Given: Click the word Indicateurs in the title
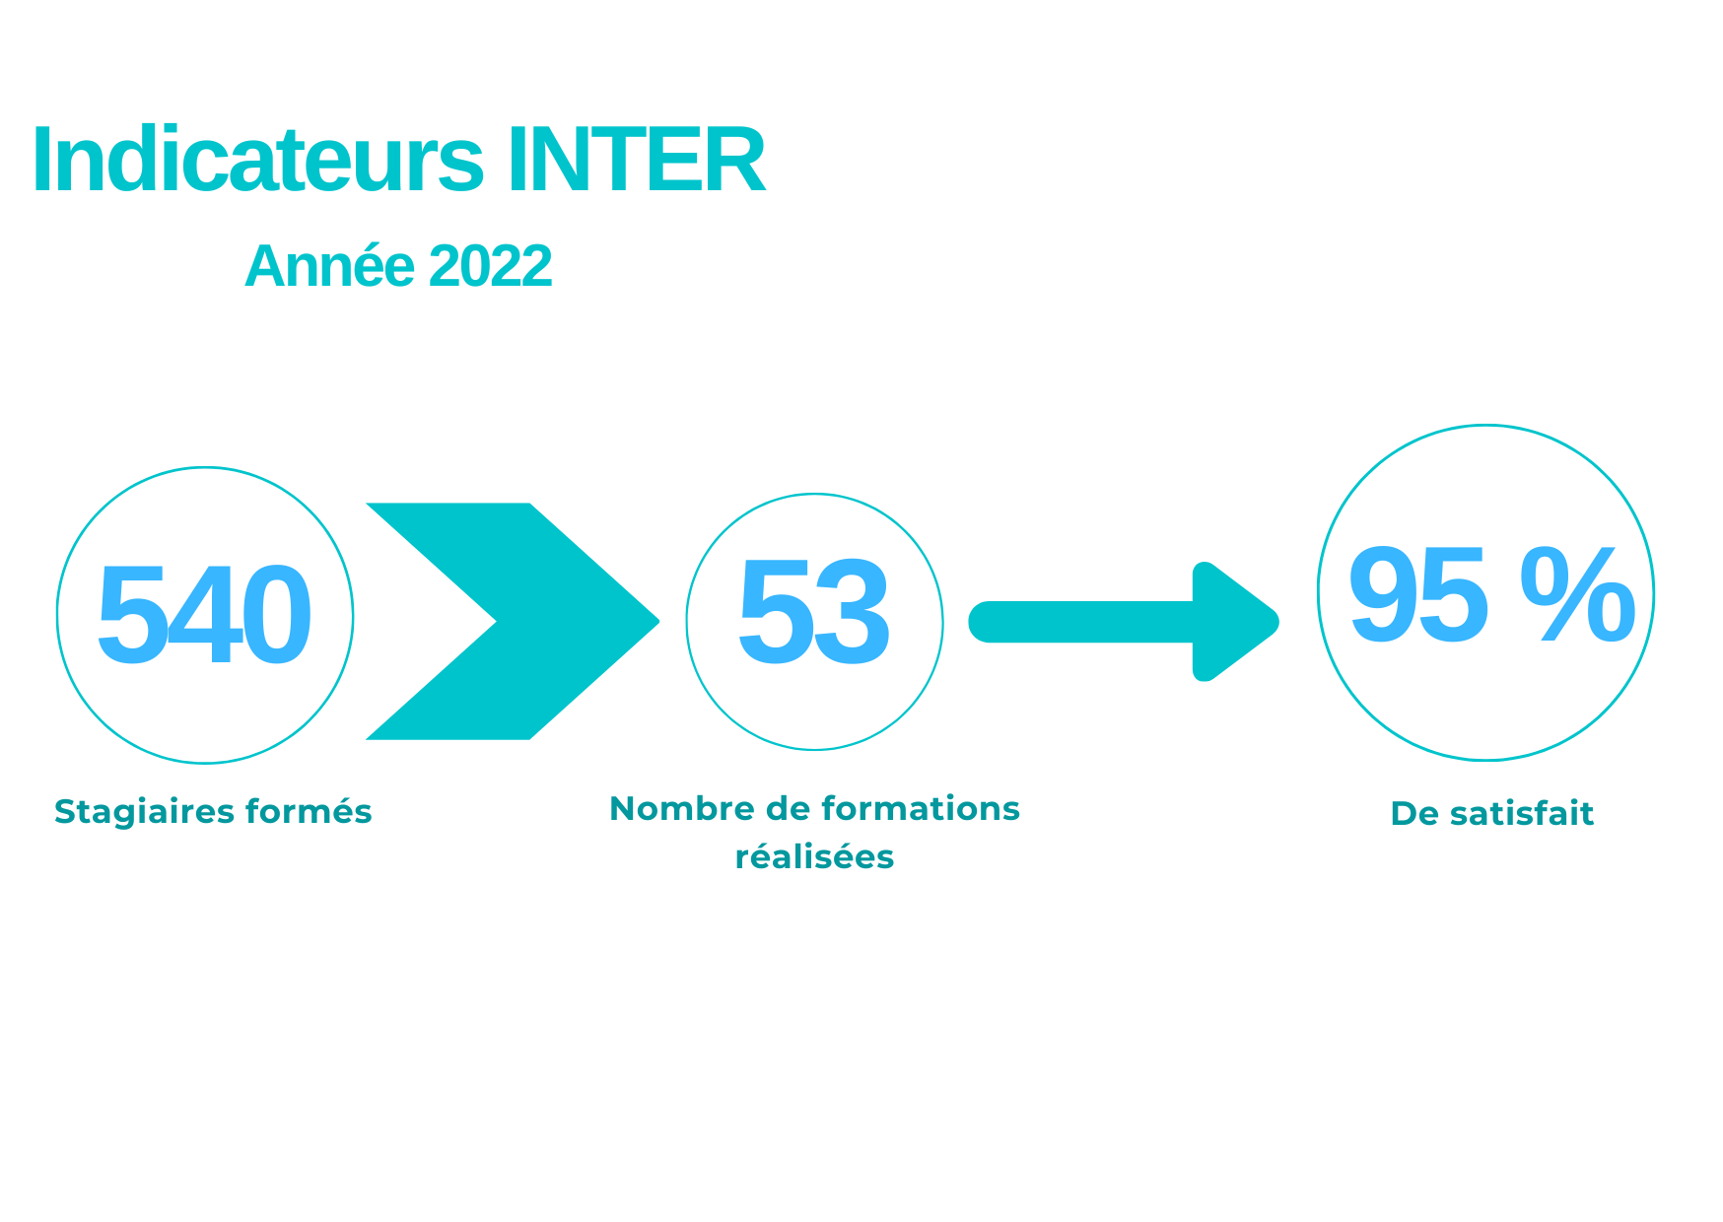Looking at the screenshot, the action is coord(258,160).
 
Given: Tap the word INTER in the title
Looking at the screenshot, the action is coord(637,161).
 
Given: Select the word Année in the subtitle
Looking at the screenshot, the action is coord(330,266).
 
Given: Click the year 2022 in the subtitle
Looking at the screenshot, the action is coord(490,266).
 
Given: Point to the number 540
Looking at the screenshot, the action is coord(204,615).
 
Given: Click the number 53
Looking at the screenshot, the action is coord(814,612).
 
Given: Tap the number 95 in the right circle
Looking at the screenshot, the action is coord(1418,596).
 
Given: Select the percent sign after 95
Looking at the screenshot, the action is coord(1578,596).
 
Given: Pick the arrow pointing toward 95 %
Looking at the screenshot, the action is coord(1124,622).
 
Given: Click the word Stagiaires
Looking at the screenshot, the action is coord(144,812).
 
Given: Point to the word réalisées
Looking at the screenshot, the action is coord(815,856).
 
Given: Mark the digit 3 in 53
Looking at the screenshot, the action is coord(853,613).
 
